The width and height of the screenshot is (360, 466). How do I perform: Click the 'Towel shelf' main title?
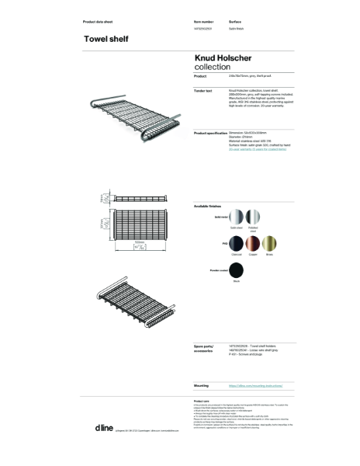pos(106,39)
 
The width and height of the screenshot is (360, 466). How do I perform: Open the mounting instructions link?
pos(250,385)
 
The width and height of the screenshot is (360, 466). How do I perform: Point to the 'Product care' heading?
pos(202,402)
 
